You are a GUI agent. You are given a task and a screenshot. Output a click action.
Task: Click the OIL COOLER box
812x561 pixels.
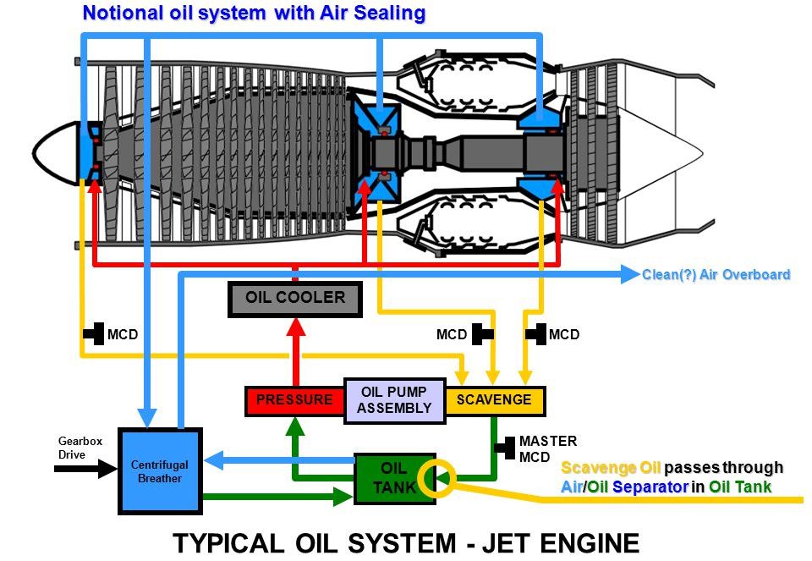point(294,298)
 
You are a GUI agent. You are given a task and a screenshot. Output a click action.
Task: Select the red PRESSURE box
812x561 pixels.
point(294,400)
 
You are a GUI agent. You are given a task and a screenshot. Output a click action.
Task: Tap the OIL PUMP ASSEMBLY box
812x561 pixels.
point(394,400)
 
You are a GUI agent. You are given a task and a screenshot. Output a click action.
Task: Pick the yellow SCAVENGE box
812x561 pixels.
point(494,400)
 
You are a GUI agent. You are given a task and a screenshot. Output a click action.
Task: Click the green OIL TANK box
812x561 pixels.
point(394,479)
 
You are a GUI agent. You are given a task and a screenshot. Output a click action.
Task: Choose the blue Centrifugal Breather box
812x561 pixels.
point(160,471)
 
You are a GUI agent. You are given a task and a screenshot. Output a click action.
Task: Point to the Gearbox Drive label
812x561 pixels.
point(73,448)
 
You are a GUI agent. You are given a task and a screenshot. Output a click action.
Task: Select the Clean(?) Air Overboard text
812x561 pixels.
point(716,274)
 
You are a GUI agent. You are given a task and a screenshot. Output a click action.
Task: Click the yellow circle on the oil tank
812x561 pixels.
point(442,479)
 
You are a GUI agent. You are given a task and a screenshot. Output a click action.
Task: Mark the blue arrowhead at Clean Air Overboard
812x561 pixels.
point(630,273)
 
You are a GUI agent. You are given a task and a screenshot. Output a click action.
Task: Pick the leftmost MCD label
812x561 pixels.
point(122,335)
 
